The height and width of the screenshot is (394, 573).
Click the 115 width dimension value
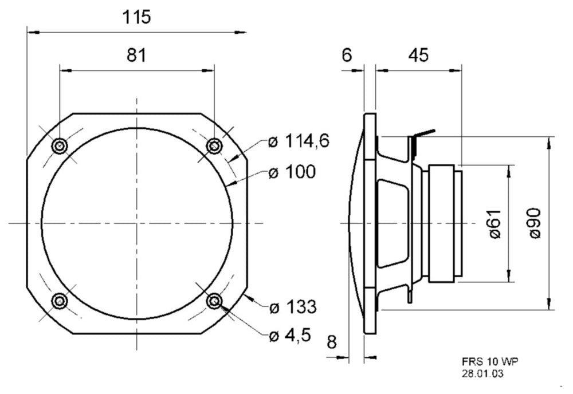pyautogui.click(x=136, y=17)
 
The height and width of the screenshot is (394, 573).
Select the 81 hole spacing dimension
pyautogui.click(x=136, y=55)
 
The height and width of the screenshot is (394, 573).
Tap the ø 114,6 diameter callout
pyautogui.click(x=299, y=140)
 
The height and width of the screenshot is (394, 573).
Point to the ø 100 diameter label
pyautogui.click(x=292, y=172)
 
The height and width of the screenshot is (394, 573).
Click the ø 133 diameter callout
pyautogui.click(x=293, y=307)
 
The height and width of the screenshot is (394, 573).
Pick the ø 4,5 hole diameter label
pyautogui.click(x=290, y=335)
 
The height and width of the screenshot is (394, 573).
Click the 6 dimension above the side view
pyautogui.click(x=347, y=55)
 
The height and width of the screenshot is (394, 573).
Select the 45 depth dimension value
pyautogui.click(x=418, y=55)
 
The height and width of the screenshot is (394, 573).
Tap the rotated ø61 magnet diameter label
pyautogui.click(x=495, y=224)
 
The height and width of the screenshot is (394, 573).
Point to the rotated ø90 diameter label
pyautogui.click(x=535, y=223)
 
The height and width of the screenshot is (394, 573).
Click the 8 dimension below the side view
pyautogui.click(x=331, y=342)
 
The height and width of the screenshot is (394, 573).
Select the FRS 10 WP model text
pyautogui.click(x=490, y=362)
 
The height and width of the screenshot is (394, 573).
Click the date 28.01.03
pyautogui.click(x=482, y=373)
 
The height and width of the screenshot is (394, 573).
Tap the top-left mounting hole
pyautogui.click(x=60, y=147)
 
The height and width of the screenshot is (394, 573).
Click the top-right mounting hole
pyautogui.click(x=214, y=147)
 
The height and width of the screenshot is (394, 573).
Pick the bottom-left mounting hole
pyautogui.click(x=60, y=301)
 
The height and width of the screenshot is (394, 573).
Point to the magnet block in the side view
pyautogui.click(x=441, y=224)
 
